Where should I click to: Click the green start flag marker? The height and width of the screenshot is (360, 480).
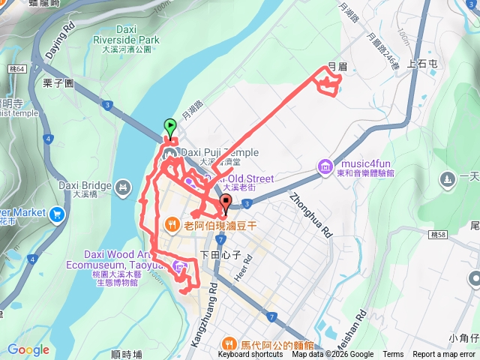click(169, 127)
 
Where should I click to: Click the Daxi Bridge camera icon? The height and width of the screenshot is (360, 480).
click(122, 184)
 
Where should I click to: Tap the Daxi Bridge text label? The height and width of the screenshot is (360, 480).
click(85, 185)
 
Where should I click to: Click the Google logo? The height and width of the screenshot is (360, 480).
click(28, 349)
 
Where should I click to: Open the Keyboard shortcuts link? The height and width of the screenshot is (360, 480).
click(250, 355)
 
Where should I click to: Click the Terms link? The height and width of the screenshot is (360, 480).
click(393, 355)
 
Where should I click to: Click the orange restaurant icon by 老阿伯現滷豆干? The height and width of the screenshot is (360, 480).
click(172, 223)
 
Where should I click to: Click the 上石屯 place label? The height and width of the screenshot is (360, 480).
click(421, 66)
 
